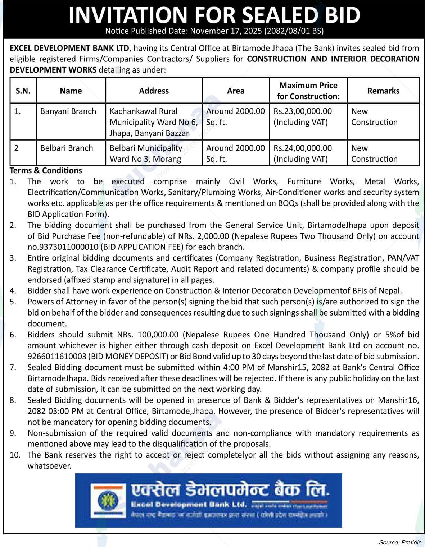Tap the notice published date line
214,31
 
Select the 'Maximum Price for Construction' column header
308,91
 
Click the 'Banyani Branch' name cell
68,111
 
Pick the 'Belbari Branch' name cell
67,148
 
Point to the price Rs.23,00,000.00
303,111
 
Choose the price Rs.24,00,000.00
303,148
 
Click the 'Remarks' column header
383,91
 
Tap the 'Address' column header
154,91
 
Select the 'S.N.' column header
23,91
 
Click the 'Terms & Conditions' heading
46,170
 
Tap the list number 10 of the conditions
15,455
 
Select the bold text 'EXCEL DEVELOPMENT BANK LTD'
69,48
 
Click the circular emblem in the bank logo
105,500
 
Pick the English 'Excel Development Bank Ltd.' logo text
189,505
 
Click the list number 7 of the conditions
13,368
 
